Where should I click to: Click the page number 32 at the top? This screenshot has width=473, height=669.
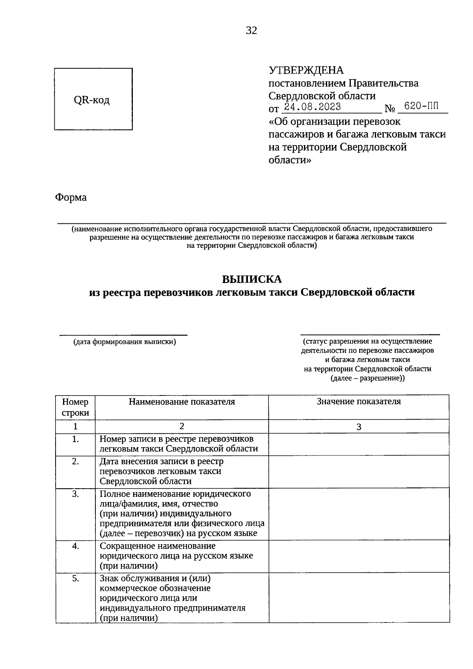(x=251, y=31)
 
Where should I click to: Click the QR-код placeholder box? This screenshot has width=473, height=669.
(x=93, y=99)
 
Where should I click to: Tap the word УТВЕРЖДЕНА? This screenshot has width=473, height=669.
(x=306, y=70)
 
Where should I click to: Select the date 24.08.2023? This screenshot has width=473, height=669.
(x=313, y=107)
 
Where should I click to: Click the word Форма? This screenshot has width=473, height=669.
(x=71, y=197)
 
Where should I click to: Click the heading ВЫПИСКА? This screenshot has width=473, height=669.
(x=252, y=279)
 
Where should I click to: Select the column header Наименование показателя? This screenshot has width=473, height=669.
(x=182, y=402)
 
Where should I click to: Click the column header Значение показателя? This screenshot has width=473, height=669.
(x=359, y=401)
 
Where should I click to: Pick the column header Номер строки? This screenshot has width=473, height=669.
(x=75, y=407)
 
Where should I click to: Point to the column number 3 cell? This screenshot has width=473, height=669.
(x=359, y=427)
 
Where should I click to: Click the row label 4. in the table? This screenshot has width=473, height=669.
(x=75, y=546)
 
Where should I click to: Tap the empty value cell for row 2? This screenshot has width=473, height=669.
(x=359, y=472)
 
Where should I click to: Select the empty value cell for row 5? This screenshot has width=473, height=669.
(x=359, y=598)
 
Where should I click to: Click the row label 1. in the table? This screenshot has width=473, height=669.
(x=75, y=439)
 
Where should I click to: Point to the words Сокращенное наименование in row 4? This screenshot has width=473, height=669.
(x=158, y=546)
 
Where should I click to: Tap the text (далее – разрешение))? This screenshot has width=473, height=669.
(x=367, y=378)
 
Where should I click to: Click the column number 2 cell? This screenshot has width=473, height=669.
(x=182, y=426)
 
